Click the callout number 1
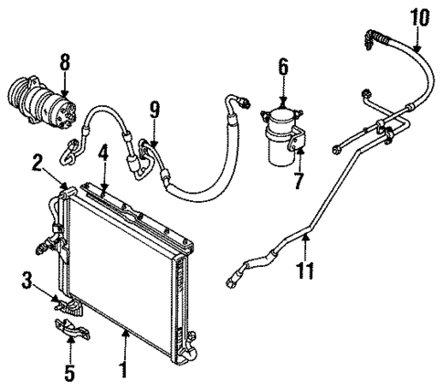(x=125, y=371)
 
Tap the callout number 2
(x=37, y=163)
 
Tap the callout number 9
(x=155, y=111)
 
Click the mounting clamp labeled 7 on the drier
(x=298, y=144)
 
